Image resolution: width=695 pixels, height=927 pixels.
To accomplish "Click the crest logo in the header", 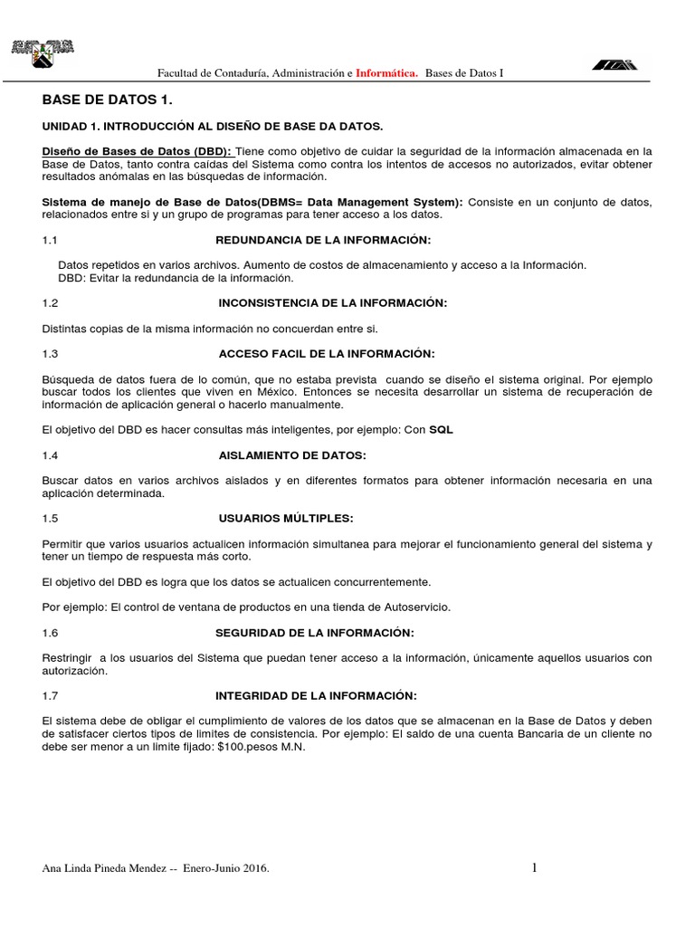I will point(42,55).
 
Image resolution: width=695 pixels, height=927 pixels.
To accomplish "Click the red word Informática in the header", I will point(386,72).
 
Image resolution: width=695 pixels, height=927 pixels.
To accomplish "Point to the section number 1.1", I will point(50,240).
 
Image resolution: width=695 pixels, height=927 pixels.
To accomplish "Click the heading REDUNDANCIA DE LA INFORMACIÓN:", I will point(323,240).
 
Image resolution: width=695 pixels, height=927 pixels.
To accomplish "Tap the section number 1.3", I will point(50,353).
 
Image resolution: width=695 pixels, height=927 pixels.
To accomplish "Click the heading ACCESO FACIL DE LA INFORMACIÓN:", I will point(327,353).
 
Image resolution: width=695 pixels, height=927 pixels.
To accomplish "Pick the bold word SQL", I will point(441,430).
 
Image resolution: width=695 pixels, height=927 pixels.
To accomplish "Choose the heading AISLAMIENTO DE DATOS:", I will point(292,455).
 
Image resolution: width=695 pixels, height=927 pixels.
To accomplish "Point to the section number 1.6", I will point(50,632).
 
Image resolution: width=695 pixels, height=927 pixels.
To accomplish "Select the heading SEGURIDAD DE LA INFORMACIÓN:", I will point(314,632).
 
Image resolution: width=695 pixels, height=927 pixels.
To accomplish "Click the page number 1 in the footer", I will point(534,868).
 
